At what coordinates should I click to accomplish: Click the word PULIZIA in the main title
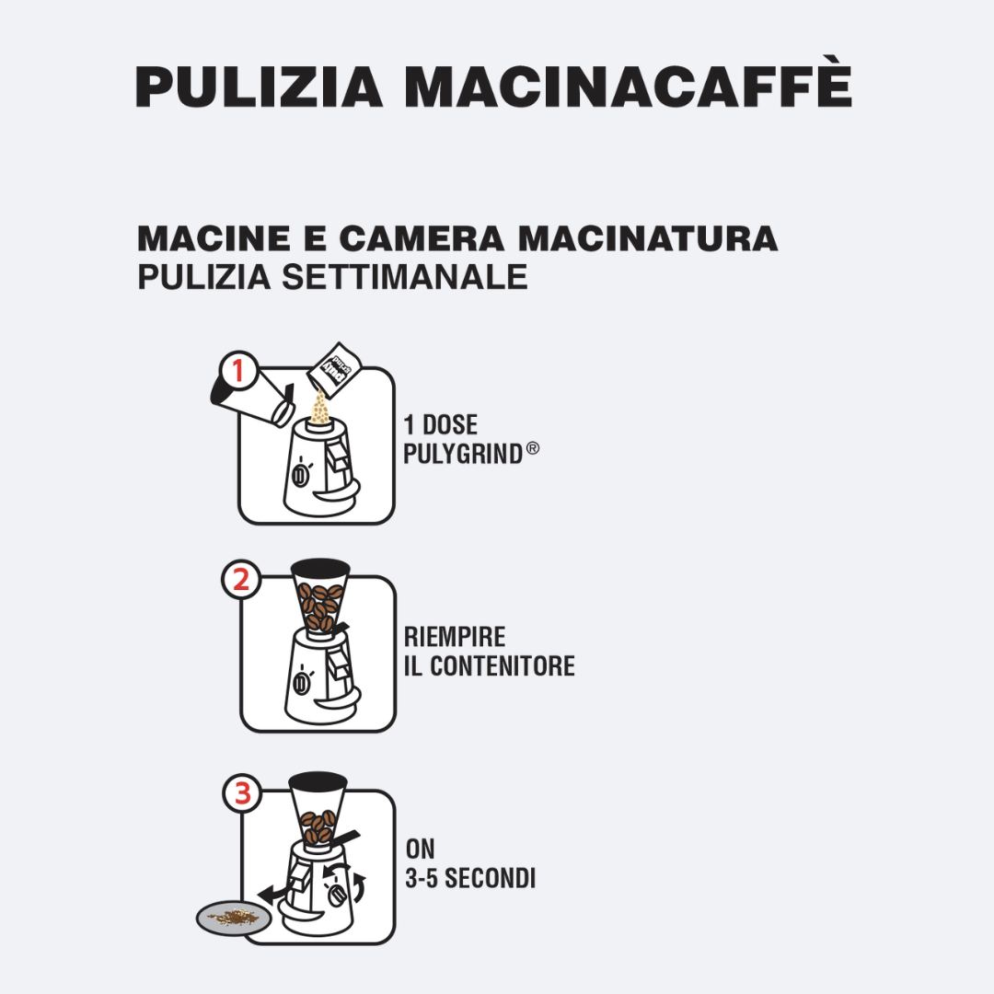(260, 87)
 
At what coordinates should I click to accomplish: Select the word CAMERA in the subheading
(422, 239)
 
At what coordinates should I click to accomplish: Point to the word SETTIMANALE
(404, 277)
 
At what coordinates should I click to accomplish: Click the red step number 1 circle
(238, 371)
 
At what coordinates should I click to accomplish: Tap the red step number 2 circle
(241, 580)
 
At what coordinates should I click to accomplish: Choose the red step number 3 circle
(242, 793)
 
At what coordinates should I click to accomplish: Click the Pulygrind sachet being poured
(333, 370)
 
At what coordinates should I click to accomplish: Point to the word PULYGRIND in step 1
(463, 454)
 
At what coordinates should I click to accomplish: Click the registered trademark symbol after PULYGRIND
(533, 449)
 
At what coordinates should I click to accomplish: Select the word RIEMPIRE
(455, 637)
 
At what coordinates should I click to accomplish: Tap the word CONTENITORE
(503, 666)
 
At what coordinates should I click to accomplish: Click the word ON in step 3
(420, 849)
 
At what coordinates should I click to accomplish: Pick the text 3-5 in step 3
(422, 879)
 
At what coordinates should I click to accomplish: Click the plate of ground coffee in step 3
(233, 918)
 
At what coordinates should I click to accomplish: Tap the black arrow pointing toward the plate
(274, 894)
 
